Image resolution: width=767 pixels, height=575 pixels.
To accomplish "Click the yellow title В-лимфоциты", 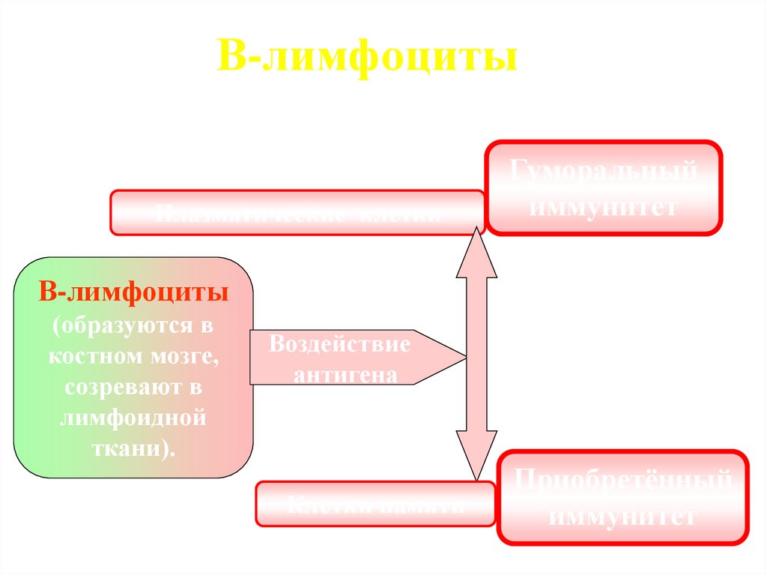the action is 367,59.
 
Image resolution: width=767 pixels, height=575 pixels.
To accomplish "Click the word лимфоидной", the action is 134,417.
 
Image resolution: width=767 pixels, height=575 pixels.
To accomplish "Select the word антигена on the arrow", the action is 345,374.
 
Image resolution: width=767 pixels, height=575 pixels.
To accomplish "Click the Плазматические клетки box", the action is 297,213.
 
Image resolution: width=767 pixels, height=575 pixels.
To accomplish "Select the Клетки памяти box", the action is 375,504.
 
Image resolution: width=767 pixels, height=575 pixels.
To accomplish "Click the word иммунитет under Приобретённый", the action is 623,516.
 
